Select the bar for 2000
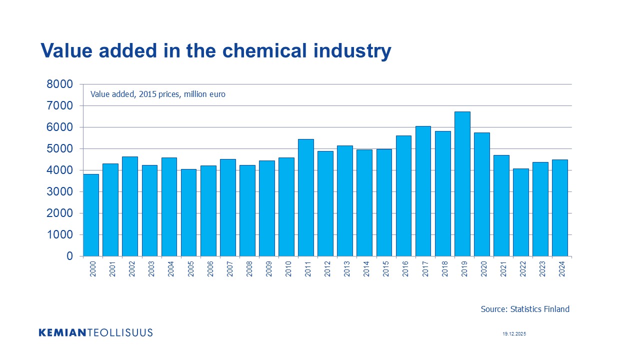coord(91,215)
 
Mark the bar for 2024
coord(560,208)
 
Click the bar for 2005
coord(189,212)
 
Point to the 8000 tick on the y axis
coord(59,84)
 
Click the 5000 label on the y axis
coord(59,149)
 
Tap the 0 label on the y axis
coord(69,256)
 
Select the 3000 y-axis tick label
coord(59,192)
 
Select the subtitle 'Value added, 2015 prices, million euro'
coord(158,94)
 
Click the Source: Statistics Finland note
coord(525,309)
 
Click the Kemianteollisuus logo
coord(95,332)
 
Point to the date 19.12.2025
coord(514,333)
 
